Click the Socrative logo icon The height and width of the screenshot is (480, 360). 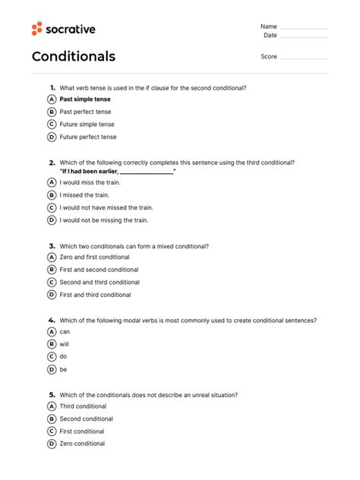[x=37, y=29]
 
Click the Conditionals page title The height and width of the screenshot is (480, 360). [x=74, y=57]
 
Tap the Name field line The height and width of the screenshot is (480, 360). [x=305, y=28]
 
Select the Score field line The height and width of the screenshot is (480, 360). [x=305, y=58]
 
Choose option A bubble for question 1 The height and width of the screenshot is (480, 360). [x=52, y=99]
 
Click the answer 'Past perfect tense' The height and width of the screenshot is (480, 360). [x=85, y=112]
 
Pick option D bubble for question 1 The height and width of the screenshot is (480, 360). [x=52, y=137]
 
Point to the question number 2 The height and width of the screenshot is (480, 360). [x=52, y=163]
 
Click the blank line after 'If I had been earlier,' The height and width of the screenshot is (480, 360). [x=147, y=172]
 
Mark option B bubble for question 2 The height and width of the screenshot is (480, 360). [x=52, y=195]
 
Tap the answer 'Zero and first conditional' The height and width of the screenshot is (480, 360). [x=94, y=257]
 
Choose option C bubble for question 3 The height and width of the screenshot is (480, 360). [x=52, y=282]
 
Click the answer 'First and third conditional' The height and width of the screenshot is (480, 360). [x=95, y=295]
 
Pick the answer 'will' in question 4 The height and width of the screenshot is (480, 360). [x=64, y=344]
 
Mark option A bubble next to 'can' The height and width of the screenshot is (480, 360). [x=52, y=332]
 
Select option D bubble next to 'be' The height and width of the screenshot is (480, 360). [x=52, y=369]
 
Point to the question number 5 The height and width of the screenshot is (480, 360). [x=52, y=395]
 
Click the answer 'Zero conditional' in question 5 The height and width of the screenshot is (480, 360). [x=82, y=444]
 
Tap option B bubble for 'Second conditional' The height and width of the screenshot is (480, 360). [x=52, y=418]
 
